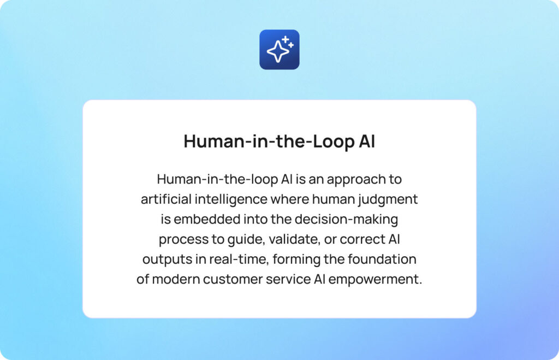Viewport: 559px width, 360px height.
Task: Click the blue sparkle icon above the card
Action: [x=279, y=50]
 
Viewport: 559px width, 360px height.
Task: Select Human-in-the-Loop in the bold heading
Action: [x=266, y=141]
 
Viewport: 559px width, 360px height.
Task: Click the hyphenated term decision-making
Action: [x=346, y=220]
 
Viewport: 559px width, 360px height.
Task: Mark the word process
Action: [x=181, y=239]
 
